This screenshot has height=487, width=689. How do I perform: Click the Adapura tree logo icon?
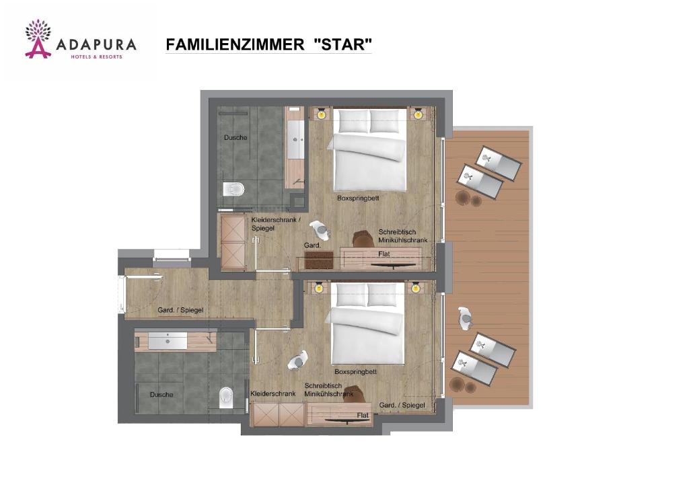(38, 38)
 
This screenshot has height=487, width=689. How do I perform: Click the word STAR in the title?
(342, 45)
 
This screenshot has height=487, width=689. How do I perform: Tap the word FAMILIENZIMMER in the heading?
(235, 45)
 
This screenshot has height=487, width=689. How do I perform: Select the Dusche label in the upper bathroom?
(235, 138)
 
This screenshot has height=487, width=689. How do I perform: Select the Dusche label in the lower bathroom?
(161, 395)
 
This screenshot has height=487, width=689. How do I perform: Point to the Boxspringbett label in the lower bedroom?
(355, 371)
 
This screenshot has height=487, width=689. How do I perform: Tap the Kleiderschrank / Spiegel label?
(272, 224)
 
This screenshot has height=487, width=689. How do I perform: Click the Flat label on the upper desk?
(384, 254)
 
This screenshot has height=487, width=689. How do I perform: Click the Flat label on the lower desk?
(363, 416)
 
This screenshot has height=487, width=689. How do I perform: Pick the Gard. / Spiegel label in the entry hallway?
(180, 310)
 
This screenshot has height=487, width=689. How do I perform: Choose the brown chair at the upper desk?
(363, 239)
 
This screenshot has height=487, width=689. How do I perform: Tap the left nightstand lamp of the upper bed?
(320, 114)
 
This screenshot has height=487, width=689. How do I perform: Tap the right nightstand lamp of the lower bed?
(416, 288)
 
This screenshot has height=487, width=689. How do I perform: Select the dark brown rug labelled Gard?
(318, 260)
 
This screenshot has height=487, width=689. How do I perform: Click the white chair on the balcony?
(465, 317)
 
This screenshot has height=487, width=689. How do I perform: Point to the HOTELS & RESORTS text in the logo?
(97, 57)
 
